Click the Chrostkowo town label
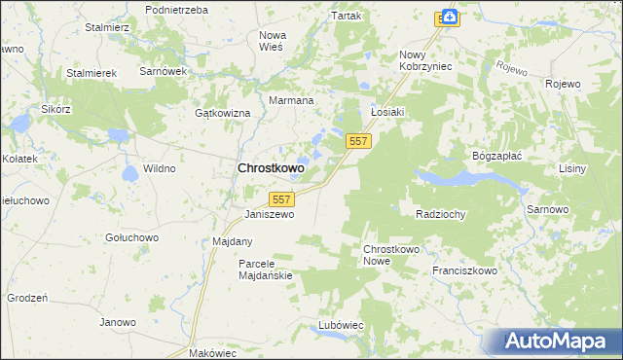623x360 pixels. tap(271, 168)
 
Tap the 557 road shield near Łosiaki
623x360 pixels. tap(358, 142)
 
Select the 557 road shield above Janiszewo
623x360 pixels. tap(281, 198)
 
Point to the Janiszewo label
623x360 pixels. tap(270, 214)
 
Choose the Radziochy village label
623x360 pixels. tap(440, 214)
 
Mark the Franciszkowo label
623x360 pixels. tap(464, 271)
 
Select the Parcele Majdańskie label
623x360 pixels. tap(266, 270)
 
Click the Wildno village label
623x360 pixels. tap(159, 168)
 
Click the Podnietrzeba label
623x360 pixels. tap(176, 9)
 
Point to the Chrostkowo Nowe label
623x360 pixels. tap(390, 256)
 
